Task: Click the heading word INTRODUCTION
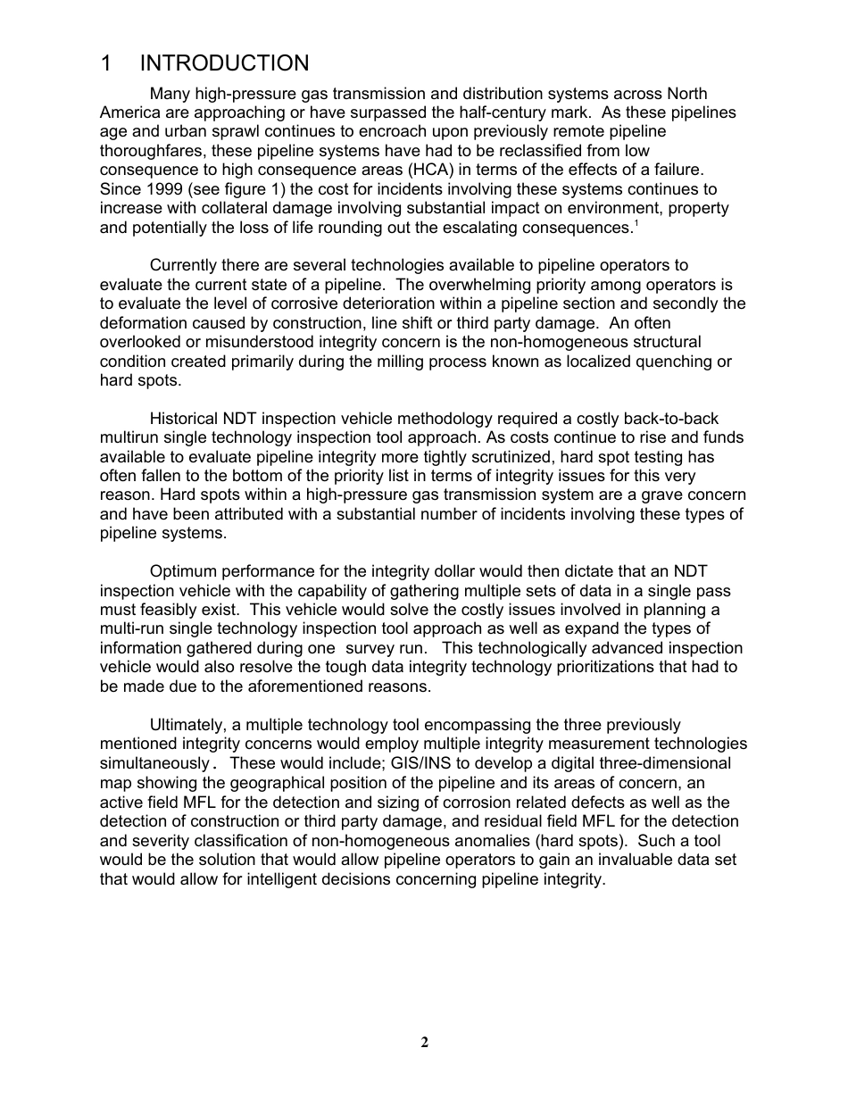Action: (224, 63)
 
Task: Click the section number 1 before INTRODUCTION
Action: (106, 63)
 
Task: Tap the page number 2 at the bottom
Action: (425, 1042)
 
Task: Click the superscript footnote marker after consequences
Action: (635, 223)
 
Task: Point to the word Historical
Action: (187, 419)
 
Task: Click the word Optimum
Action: (184, 571)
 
